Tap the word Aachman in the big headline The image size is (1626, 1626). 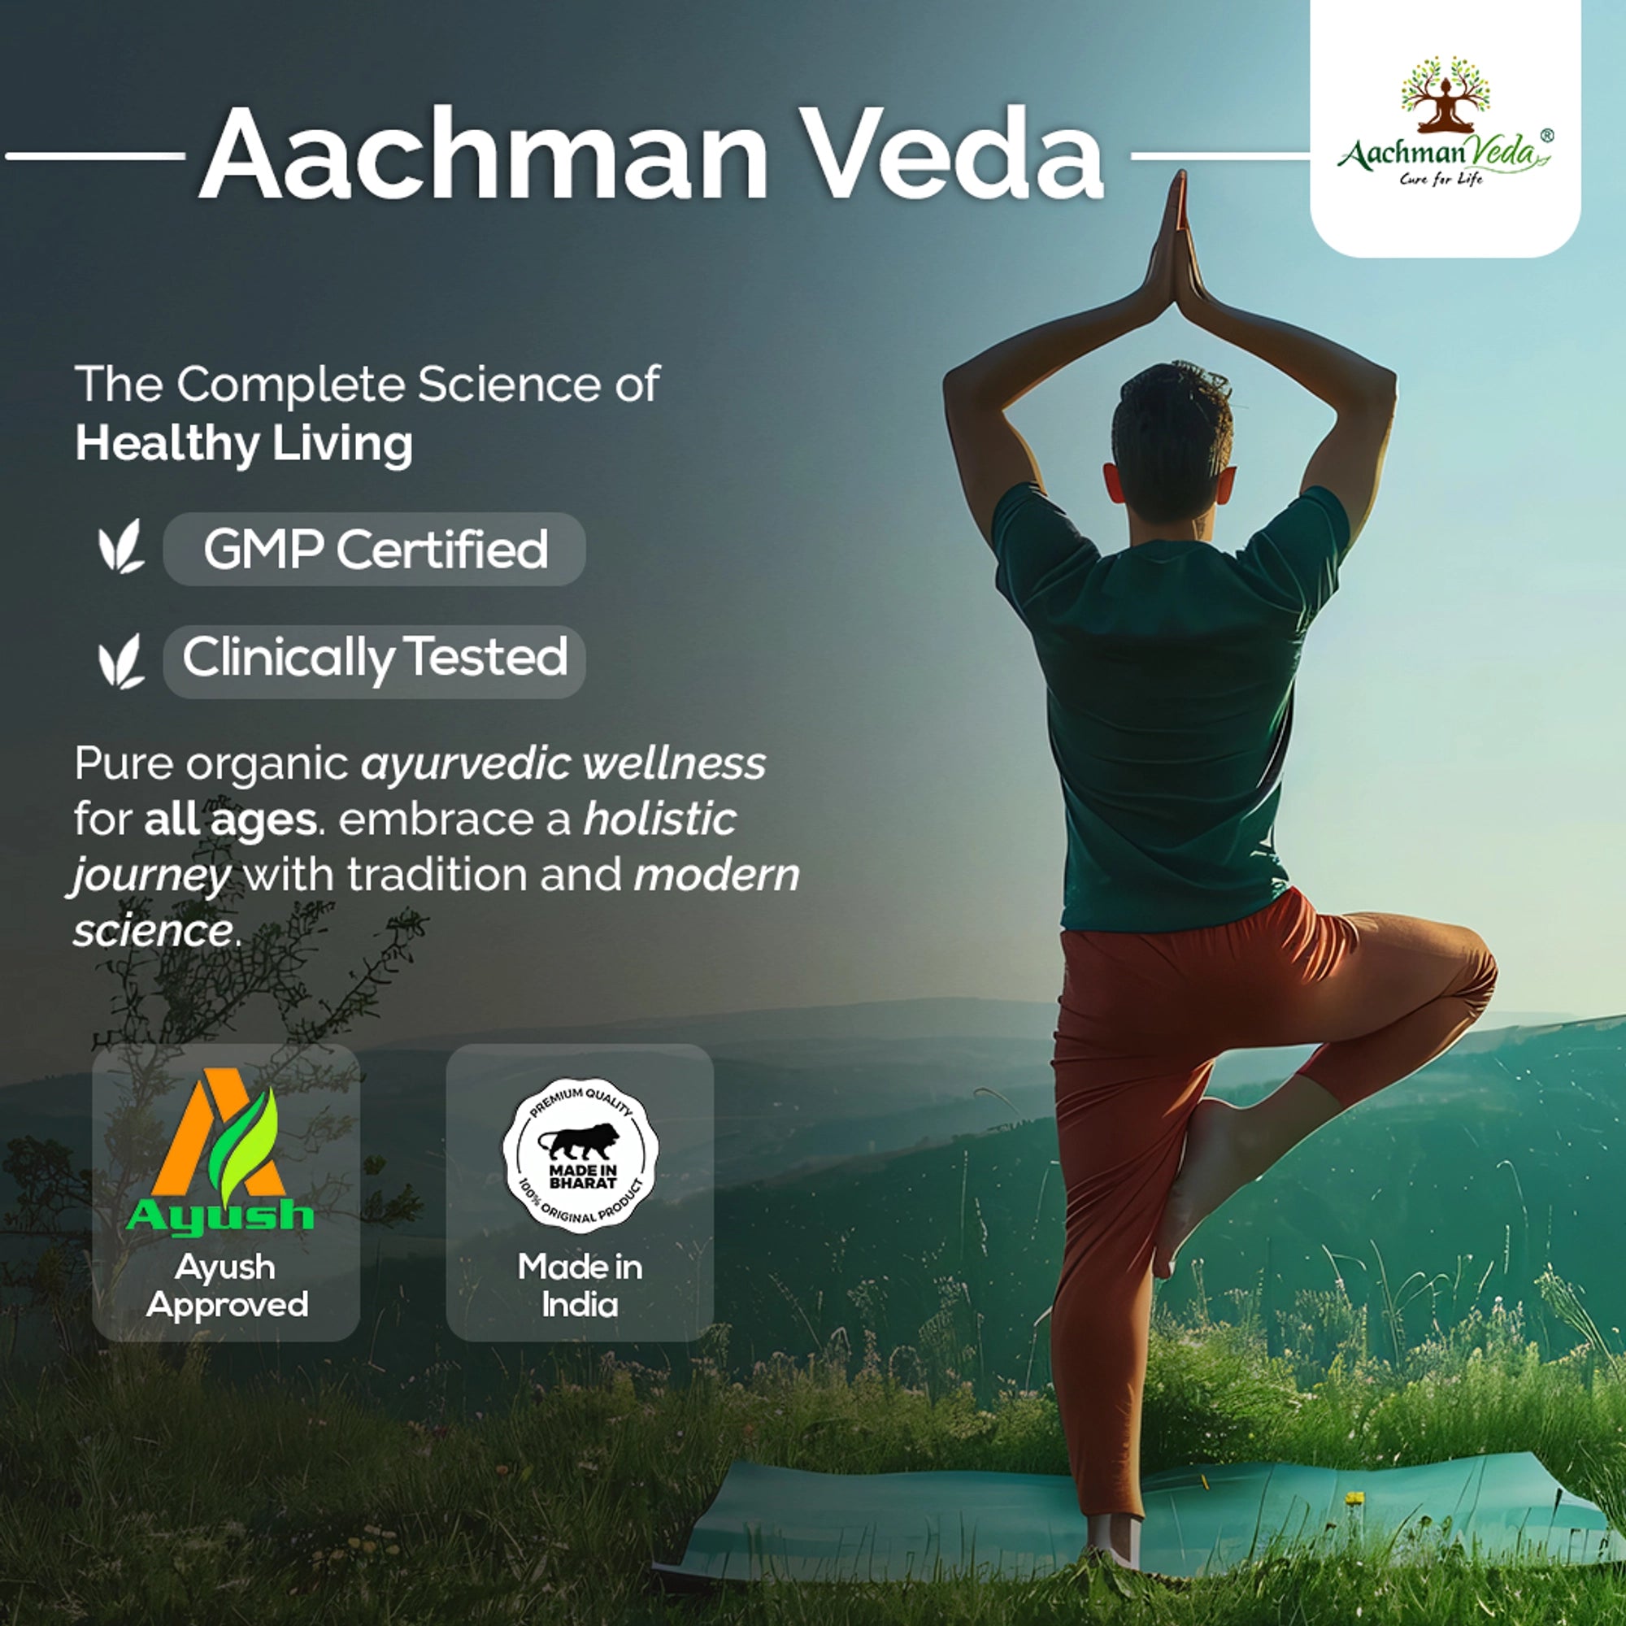(484, 153)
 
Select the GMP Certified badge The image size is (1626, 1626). (375, 549)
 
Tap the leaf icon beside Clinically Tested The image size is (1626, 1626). (120, 662)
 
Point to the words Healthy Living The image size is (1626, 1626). (244, 445)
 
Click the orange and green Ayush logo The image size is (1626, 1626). (220, 1153)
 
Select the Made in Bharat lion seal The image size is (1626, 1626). (580, 1155)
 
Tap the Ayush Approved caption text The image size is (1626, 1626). (226, 1285)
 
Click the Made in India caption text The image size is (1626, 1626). (580, 1285)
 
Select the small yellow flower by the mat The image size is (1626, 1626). (1354, 1498)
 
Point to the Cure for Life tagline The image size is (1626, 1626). (1441, 178)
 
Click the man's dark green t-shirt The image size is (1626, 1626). (1170, 707)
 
